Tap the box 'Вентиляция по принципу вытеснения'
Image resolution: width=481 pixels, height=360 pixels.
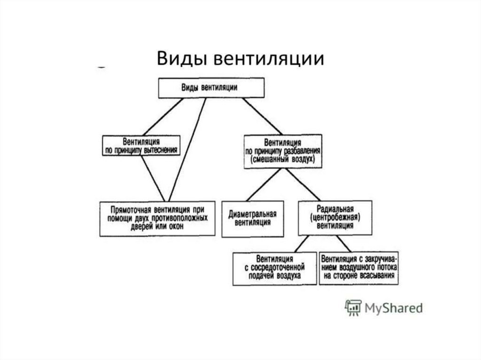tap(141, 146)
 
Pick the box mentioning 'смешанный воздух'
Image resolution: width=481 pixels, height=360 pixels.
tap(282, 151)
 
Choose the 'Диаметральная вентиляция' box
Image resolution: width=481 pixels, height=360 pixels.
tap(253, 218)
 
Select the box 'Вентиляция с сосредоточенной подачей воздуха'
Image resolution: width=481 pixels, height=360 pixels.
tap(275, 268)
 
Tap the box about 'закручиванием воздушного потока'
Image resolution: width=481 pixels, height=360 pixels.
tap(359, 268)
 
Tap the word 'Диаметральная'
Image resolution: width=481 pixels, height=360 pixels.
tap(253, 214)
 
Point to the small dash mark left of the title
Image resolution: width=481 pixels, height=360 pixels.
tap(101, 67)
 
